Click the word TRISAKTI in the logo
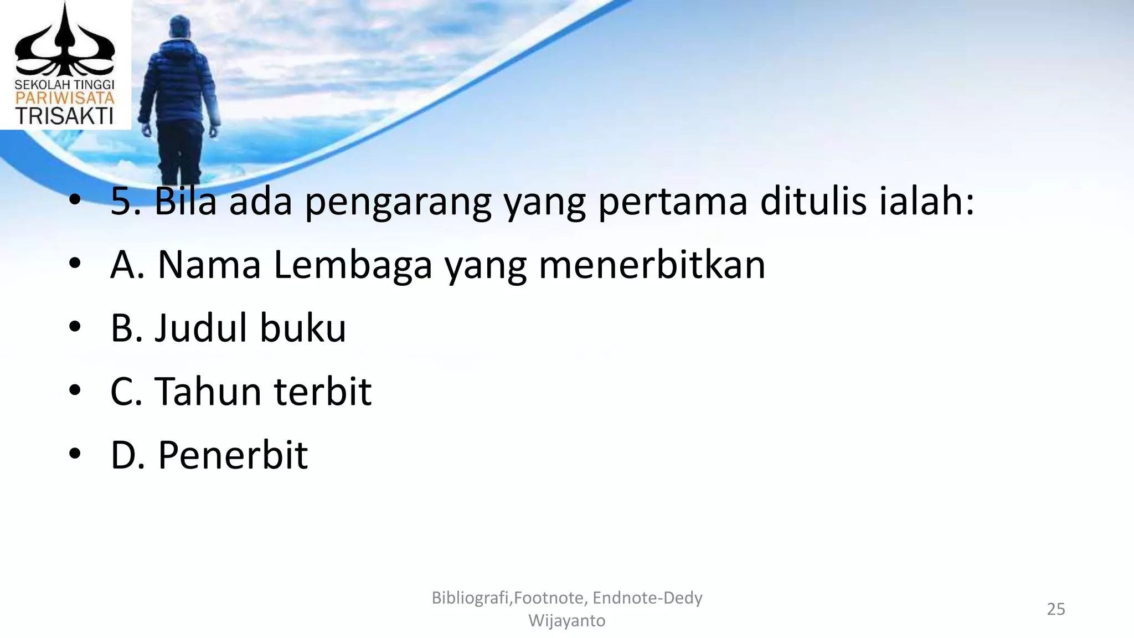click(x=64, y=116)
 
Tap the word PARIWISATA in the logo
click(x=64, y=99)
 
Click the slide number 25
click(x=1055, y=609)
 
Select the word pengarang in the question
click(x=398, y=202)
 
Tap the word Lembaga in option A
click(x=353, y=265)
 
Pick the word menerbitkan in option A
click(x=652, y=265)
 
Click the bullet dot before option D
click(x=75, y=454)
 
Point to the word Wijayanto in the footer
click(x=566, y=621)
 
